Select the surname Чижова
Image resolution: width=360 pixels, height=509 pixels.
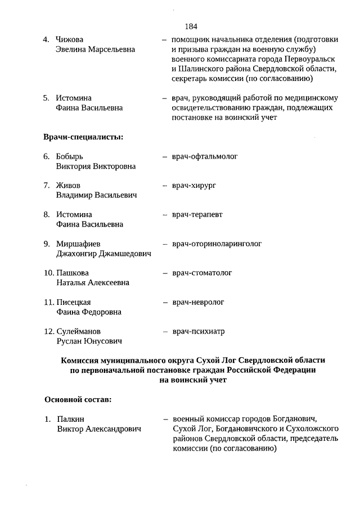[70, 39]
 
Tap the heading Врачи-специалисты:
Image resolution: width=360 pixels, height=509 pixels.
[83, 137]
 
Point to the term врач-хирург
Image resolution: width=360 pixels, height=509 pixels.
[195, 185]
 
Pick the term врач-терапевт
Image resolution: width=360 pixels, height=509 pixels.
[197, 214]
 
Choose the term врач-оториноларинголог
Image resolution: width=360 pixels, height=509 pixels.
[217, 244]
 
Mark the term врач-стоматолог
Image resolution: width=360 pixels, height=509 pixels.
[202, 273]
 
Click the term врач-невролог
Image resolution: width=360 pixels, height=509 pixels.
[198, 302]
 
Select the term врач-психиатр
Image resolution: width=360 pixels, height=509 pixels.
[199, 331]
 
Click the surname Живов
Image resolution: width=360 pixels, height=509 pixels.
[68, 185]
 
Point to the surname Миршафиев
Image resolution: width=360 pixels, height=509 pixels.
[78, 244]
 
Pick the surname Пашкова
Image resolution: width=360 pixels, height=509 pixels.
[73, 273]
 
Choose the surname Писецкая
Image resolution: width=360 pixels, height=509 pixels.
[74, 302]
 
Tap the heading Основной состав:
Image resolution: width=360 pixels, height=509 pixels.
[78, 400]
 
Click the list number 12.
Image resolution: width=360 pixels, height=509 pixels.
[48, 331]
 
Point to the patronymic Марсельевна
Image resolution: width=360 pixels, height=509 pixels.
[111, 49]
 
